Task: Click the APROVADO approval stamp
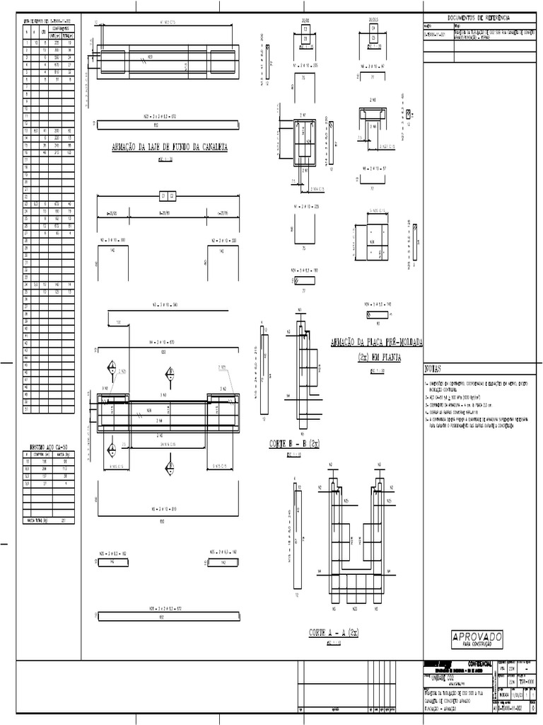coord(476,637)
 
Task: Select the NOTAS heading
coord(433,370)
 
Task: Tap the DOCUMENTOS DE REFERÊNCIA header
coord(479,17)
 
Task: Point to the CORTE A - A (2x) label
coord(335,632)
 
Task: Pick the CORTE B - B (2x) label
coord(293,444)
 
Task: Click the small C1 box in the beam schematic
coord(163,195)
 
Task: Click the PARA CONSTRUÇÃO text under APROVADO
coord(476,646)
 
